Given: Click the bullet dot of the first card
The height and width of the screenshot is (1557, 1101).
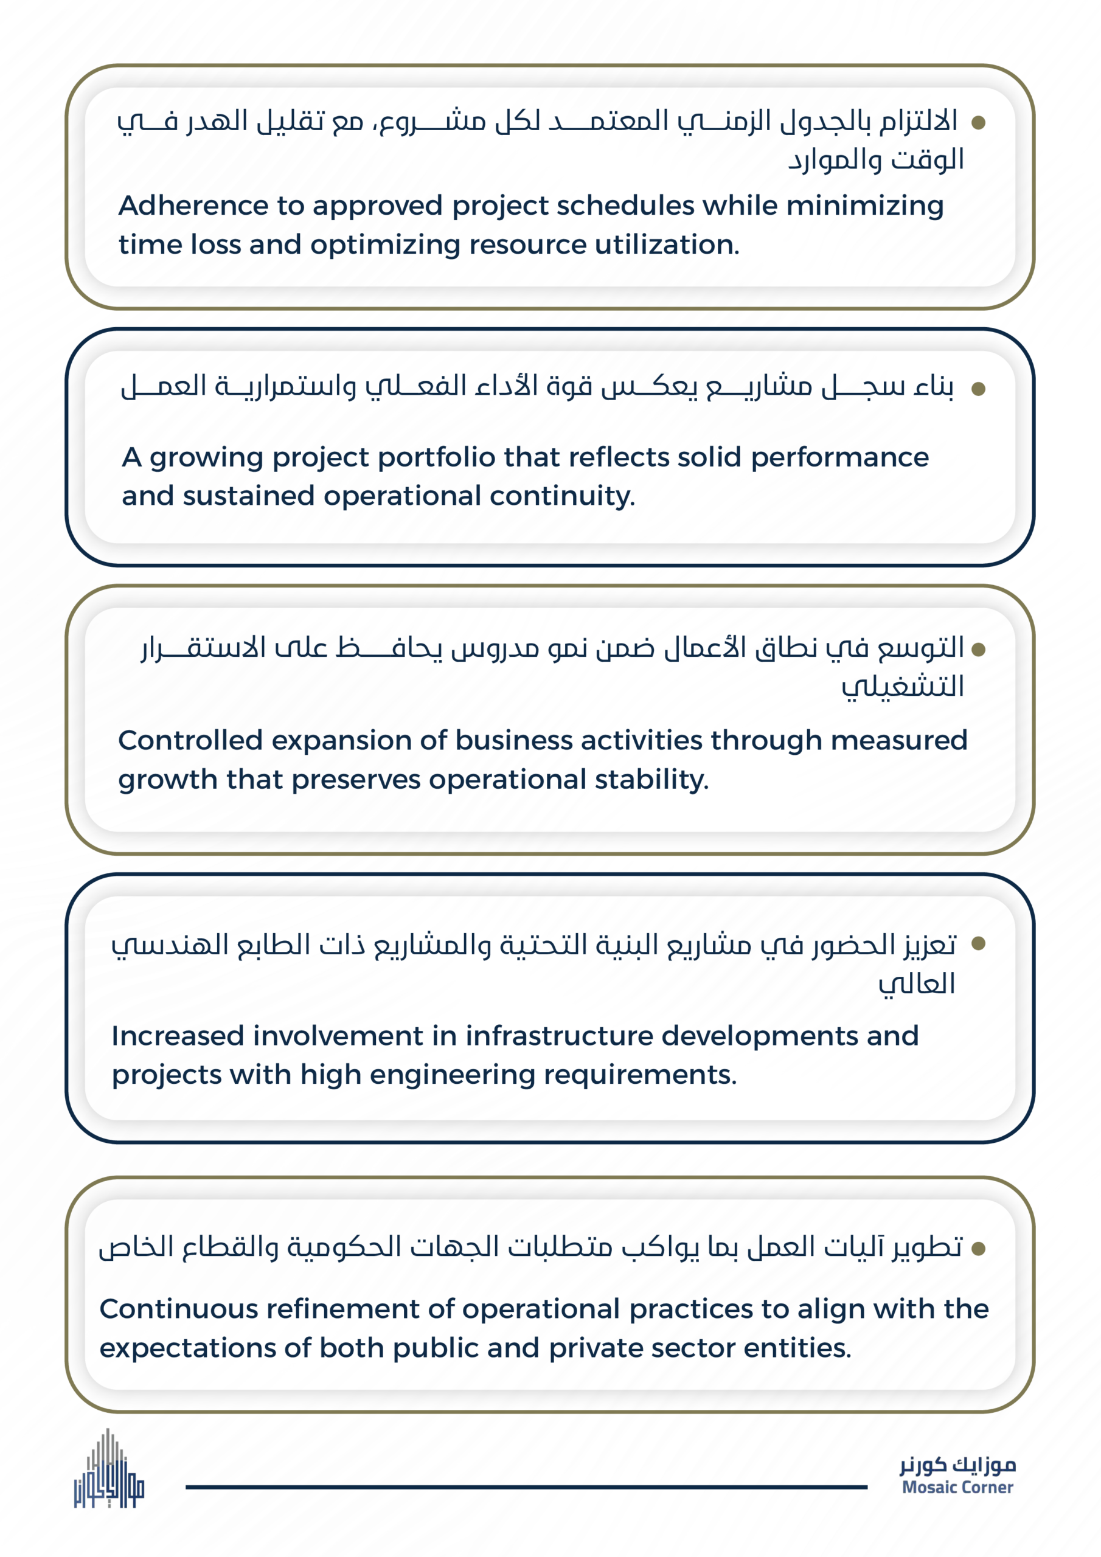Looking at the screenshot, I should [x=978, y=123].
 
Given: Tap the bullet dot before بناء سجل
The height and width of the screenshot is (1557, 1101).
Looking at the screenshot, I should [x=978, y=389].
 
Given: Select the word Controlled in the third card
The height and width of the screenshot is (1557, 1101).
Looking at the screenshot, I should [x=190, y=741].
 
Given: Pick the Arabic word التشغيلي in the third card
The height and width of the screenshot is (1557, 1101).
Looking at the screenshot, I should [x=902, y=687].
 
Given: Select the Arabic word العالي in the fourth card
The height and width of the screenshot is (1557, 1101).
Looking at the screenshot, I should [x=917, y=984].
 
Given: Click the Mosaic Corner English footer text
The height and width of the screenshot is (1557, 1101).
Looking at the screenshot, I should [x=957, y=1487].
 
